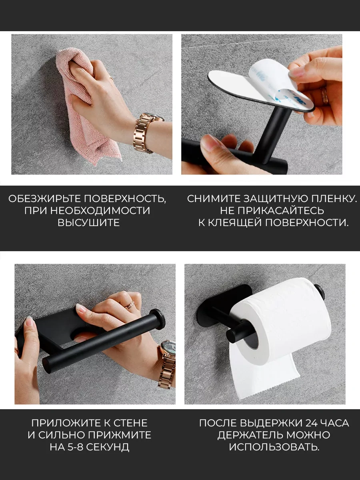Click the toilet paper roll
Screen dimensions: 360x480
tap(282, 322)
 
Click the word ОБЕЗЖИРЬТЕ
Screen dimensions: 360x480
tap(44, 199)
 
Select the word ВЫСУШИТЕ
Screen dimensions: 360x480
tap(89, 222)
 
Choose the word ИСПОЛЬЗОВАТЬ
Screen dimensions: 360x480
tap(274, 447)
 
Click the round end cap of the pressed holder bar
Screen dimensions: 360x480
tap(158, 319)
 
